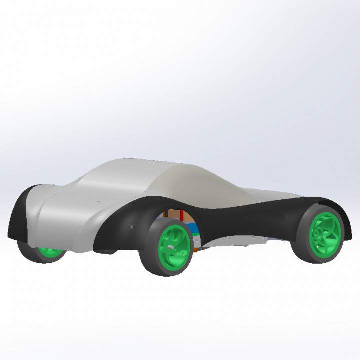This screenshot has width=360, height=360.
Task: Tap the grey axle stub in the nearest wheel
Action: [171, 246]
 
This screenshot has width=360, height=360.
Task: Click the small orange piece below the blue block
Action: [196, 244]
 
